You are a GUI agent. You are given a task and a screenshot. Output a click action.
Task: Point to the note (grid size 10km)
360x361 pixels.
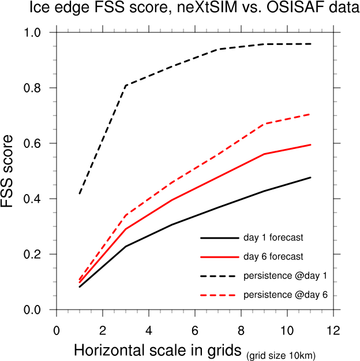281,354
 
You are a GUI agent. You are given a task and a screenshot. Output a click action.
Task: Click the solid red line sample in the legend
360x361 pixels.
219,256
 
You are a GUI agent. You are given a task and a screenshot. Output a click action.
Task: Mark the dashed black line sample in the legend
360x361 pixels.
219,275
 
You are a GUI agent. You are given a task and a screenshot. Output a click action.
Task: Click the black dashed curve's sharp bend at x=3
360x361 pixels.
126,85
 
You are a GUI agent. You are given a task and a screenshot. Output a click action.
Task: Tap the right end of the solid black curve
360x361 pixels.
310,177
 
